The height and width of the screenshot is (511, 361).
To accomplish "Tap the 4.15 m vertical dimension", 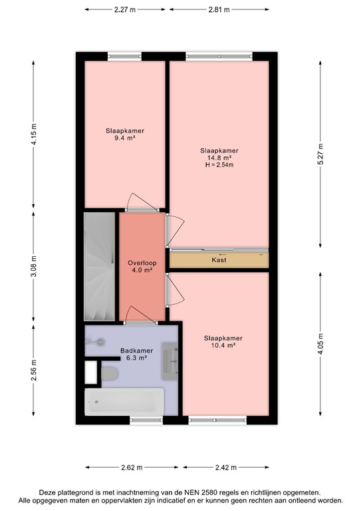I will (35, 137).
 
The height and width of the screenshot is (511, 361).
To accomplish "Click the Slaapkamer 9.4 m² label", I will (124, 135).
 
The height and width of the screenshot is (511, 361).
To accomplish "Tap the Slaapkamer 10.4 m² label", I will (223, 341).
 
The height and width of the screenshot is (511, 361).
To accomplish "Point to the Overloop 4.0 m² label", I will (140, 266).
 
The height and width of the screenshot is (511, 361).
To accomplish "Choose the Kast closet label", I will (219, 260).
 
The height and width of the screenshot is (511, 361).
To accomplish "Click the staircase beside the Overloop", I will (100, 266).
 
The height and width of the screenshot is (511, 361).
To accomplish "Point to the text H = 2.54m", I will (219, 165).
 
